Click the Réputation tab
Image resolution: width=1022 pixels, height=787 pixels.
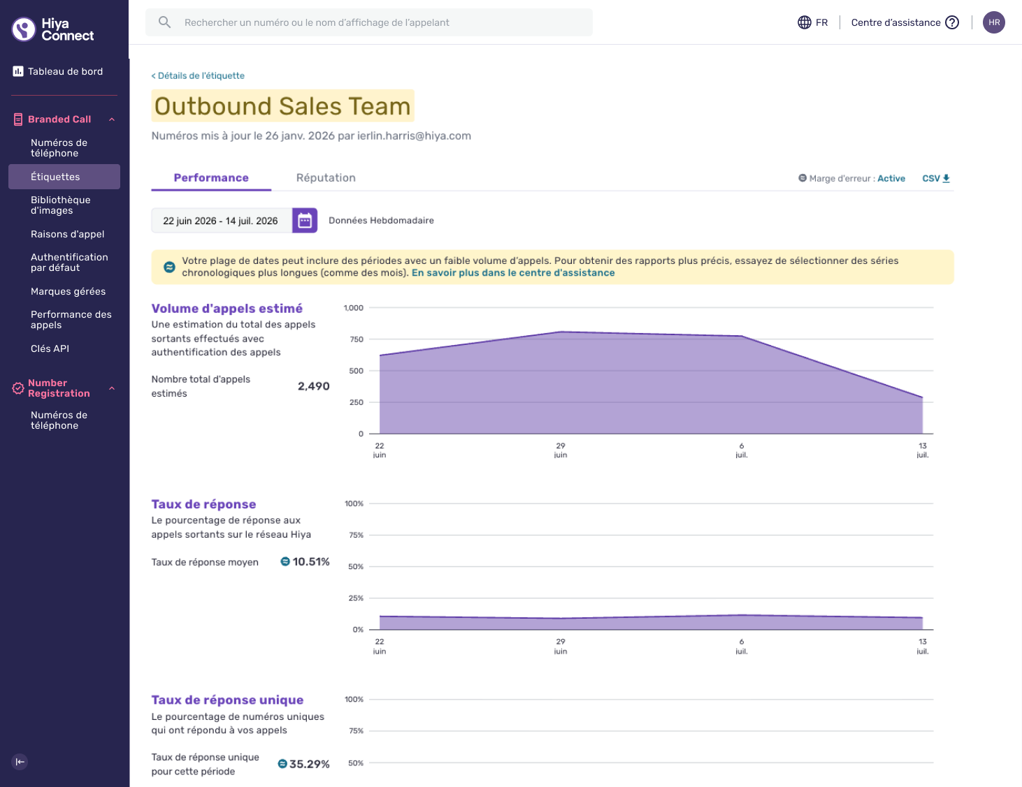point(326,177)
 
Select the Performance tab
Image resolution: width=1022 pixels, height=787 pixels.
point(211,177)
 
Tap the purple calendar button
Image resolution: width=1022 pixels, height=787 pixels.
point(305,221)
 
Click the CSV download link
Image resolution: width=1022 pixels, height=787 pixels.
point(936,179)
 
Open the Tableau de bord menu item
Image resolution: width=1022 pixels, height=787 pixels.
point(65,71)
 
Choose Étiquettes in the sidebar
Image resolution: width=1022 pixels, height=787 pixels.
point(55,177)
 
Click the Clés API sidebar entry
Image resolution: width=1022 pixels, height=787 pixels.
point(50,348)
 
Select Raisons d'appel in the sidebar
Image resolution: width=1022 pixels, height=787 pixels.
point(67,234)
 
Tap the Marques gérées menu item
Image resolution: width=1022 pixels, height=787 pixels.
point(69,291)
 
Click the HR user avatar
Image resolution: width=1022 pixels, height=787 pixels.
point(994,22)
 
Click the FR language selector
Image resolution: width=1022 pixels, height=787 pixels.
point(813,22)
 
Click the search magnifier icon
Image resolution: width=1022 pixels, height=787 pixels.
point(164,22)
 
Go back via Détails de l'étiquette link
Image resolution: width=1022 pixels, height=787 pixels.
point(198,75)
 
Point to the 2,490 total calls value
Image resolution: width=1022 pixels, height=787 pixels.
point(314,386)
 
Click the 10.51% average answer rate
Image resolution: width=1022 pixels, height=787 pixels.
point(311,562)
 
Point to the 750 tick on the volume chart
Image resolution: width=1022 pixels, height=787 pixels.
point(357,339)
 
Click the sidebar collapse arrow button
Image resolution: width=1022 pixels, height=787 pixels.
point(20,762)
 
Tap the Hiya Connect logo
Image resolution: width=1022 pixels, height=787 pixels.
point(52,29)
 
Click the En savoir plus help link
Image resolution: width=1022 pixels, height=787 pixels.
point(513,273)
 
